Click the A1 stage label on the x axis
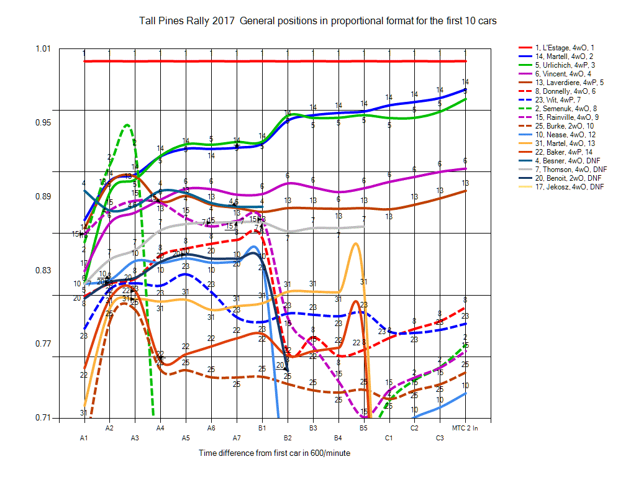(x=84, y=438)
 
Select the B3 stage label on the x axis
(x=313, y=428)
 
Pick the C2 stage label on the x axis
(x=414, y=428)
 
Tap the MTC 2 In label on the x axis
(x=465, y=428)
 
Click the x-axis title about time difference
(x=275, y=453)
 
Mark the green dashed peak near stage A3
(x=127, y=125)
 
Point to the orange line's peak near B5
(x=355, y=243)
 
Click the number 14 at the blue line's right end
(x=465, y=82)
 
